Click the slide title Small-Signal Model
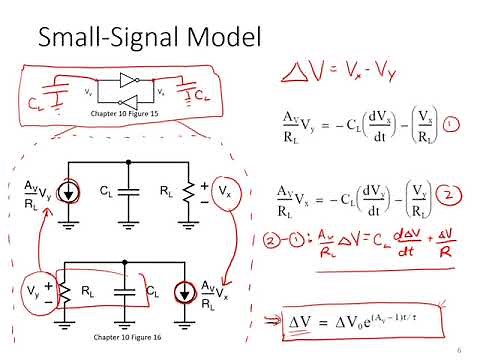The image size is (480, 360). (149, 38)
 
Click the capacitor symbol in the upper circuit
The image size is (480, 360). (126, 190)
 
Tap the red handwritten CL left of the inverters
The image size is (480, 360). (38, 100)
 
